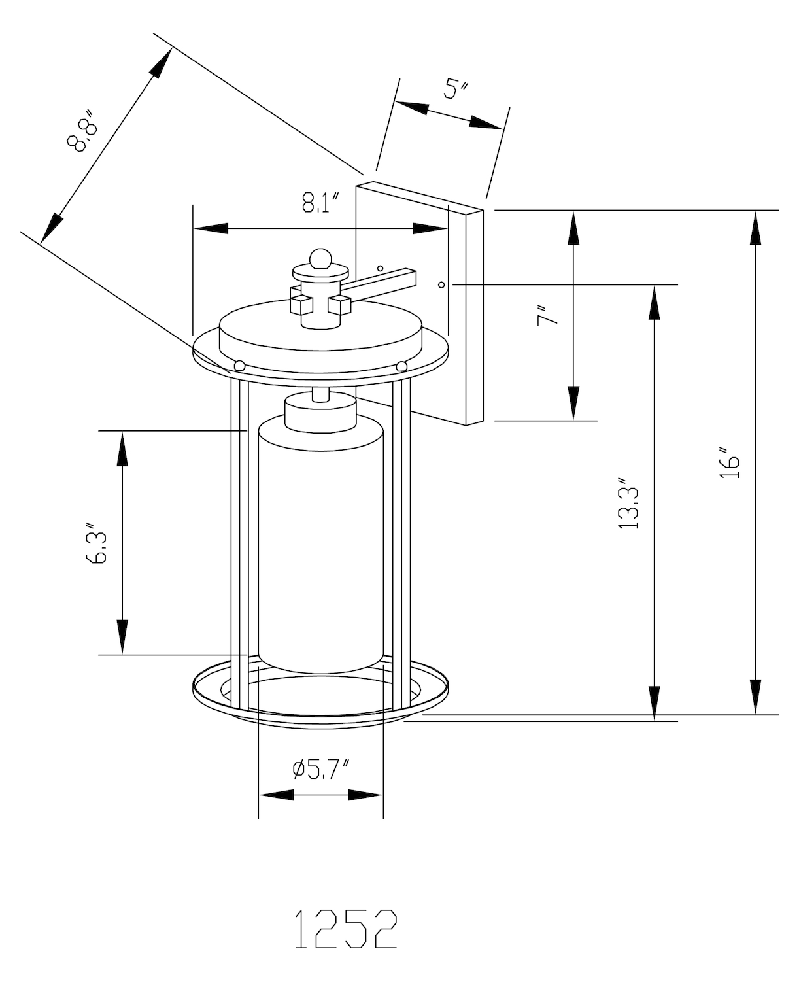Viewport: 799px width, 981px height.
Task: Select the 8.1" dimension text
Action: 321,203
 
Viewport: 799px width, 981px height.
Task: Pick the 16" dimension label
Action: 729,463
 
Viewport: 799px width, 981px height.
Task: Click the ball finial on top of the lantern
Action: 320,258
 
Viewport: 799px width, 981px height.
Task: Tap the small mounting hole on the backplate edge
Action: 441,284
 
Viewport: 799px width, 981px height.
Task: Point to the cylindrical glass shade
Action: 320,543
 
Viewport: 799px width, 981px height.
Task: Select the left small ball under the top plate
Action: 239,366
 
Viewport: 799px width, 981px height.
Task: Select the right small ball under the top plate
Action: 401,366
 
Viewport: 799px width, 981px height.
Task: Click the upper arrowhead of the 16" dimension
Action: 756,226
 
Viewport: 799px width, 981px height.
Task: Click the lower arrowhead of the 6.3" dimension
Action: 122,638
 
